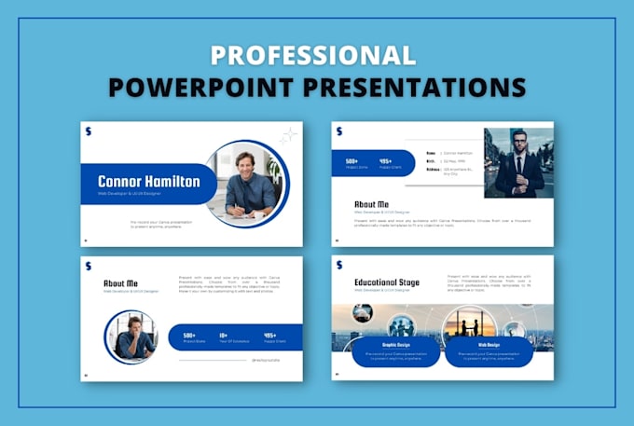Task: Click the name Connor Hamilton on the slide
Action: point(149,182)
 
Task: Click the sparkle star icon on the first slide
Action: point(288,134)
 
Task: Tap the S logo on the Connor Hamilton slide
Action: point(89,131)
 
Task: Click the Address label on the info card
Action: point(432,170)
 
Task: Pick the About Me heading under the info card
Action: point(371,203)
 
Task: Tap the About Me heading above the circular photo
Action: point(120,282)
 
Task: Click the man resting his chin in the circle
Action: point(131,336)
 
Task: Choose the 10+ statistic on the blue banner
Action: point(224,335)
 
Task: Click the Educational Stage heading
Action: point(386,282)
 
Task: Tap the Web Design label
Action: point(489,344)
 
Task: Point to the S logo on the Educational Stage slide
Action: point(339,265)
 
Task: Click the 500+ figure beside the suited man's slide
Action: point(351,161)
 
